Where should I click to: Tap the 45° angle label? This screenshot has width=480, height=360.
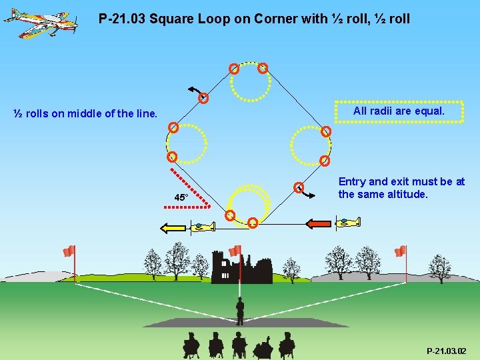pos(181,198)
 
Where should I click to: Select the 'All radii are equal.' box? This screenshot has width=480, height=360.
pos(399,111)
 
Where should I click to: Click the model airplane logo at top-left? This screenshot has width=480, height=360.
pos(39,21)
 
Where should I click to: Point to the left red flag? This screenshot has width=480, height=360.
pos(69,251)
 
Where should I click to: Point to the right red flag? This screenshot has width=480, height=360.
pos(400,251)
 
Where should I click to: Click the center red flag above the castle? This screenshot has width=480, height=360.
pos(235,251)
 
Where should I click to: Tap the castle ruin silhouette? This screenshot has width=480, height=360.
pos(241,268)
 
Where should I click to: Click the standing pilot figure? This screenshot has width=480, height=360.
pos(240,311)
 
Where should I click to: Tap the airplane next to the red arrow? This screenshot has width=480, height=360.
pos(349,222)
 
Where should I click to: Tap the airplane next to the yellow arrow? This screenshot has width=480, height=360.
pos(202,227)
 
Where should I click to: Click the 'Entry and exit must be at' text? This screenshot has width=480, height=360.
pos(401,182)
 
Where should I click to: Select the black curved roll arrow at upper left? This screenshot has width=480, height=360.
pos(196,90)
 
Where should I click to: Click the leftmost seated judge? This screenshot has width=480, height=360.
pos(191,345)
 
